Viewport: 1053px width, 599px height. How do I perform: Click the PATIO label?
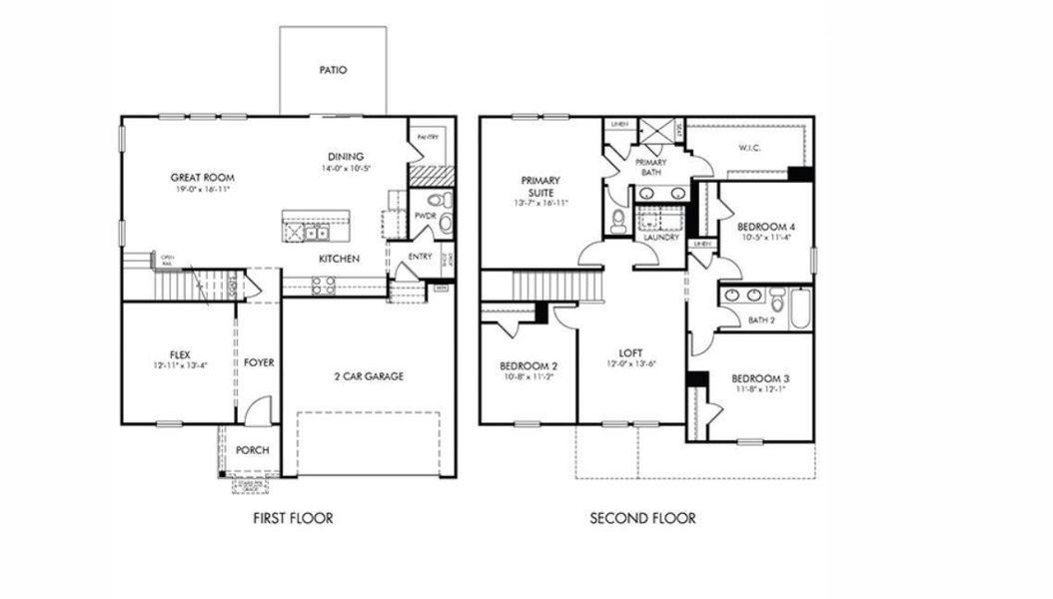333,71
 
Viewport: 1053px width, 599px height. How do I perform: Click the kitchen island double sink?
316,234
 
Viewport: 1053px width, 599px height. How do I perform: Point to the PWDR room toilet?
444,223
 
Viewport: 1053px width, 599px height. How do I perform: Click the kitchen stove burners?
325,286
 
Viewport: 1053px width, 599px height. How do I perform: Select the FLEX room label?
180,354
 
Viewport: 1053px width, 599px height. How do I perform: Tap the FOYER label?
259,362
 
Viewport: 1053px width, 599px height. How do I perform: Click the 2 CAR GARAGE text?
369,376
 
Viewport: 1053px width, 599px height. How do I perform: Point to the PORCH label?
253,449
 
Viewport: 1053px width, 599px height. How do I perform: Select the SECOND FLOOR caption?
642,518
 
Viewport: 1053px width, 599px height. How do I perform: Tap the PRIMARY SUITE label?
540,187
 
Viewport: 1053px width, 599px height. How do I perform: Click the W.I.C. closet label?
751,149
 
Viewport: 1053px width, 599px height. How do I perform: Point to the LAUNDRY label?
660,238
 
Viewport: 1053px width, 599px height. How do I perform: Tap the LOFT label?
630,352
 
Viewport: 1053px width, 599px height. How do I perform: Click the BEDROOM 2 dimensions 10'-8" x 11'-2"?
528,378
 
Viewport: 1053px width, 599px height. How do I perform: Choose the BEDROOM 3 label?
760,378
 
